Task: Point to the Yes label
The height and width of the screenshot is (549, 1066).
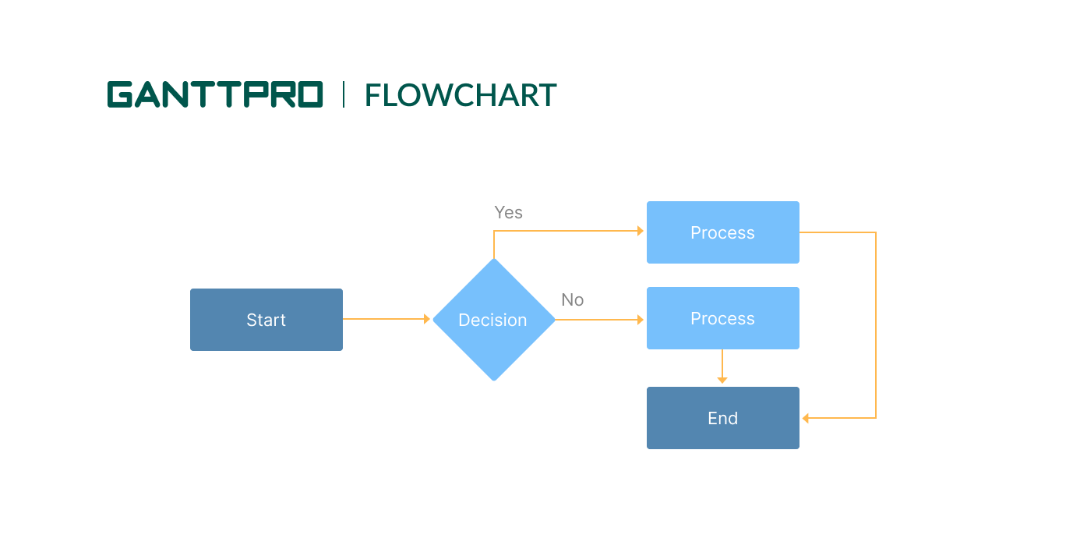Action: point(508,213)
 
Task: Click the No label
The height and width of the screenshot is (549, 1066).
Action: point(572,300)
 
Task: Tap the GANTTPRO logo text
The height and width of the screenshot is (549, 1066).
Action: point(214,94)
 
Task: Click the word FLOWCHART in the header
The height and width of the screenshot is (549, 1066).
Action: point(461,95)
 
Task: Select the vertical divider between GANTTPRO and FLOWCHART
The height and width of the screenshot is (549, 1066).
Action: point(344,94)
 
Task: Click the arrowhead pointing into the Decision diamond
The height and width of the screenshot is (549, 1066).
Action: point(427,319)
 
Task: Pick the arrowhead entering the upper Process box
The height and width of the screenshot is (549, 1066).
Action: point(641,231)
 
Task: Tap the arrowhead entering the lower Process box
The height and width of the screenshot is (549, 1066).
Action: point(641,320)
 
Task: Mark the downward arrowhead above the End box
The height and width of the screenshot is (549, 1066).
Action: point(722,380)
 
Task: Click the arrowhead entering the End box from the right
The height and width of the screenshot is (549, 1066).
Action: point(806,418)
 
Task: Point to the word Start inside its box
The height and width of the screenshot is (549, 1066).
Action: point(266,320)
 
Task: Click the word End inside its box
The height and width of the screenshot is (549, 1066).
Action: point(722,418)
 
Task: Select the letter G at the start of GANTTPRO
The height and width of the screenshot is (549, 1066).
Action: point(121,94)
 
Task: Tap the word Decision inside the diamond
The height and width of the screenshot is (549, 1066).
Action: point(492,320)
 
